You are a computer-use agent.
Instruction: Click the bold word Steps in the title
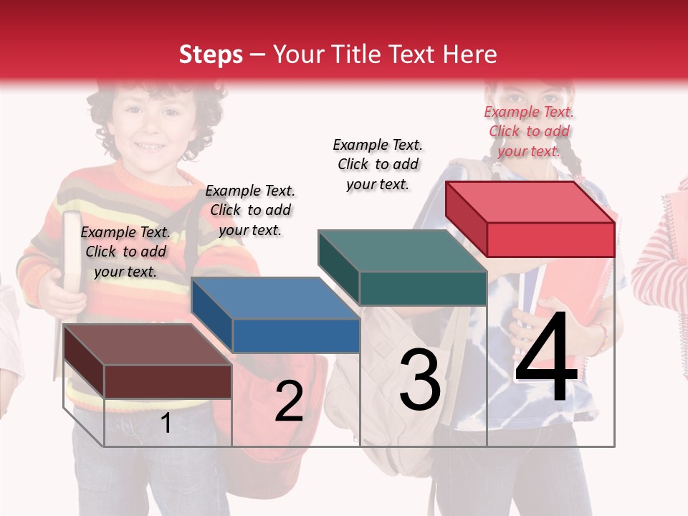point(211,54)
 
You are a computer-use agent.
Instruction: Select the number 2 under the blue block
point(289,401)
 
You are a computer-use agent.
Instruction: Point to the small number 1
point(166,424)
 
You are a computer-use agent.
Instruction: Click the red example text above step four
point(529,131)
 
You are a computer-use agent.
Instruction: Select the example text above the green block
point(378,164)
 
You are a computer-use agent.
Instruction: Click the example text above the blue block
point(250,210)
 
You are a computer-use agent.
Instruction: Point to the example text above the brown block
point(125,252)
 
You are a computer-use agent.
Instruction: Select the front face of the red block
point(550,239)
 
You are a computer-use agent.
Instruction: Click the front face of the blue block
point(296,335)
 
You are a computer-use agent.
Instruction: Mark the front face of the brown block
point(168,381)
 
